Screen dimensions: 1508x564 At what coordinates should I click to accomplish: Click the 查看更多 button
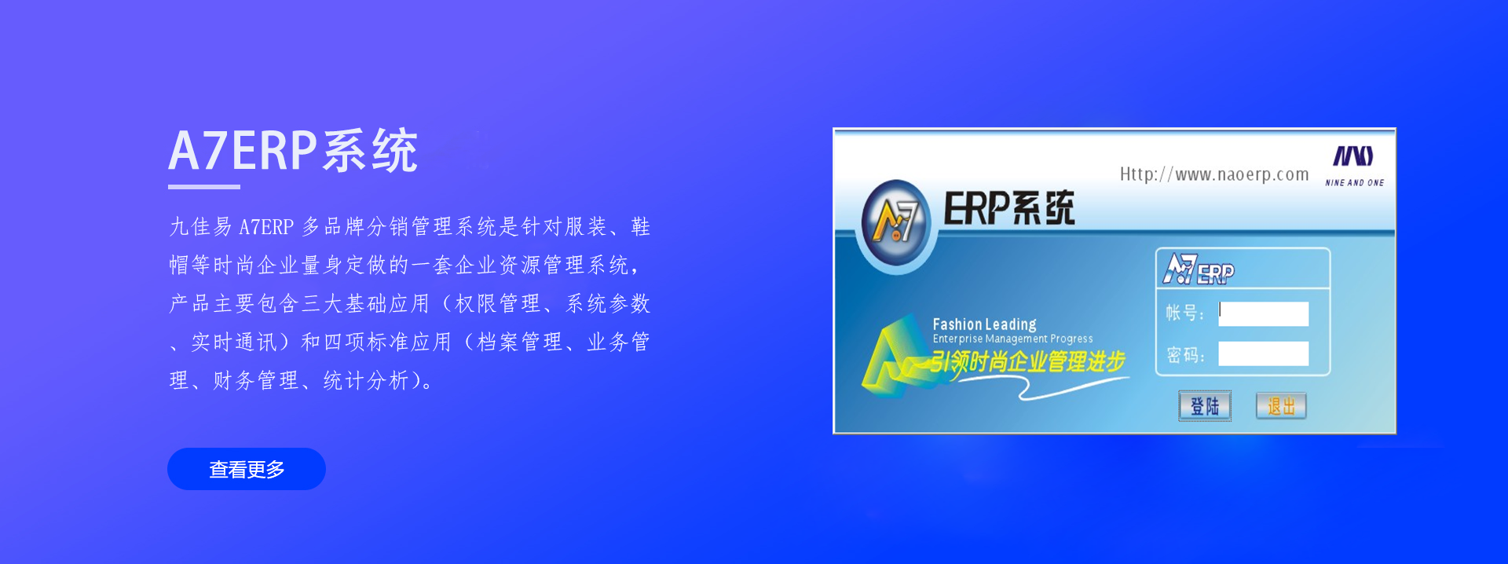click(247, 469)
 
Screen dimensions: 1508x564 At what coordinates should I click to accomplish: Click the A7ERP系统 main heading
click(293, 150)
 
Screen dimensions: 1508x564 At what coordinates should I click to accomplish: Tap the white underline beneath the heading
click(204, 187)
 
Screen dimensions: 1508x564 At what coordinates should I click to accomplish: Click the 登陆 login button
click(1205, 406)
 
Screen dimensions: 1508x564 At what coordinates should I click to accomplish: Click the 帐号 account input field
click(1263, 313)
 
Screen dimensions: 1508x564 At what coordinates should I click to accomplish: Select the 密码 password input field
click(1263, 353)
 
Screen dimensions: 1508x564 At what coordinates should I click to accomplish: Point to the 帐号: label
click(1184, 313)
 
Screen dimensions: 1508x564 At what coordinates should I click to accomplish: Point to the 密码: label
click(1185, 355)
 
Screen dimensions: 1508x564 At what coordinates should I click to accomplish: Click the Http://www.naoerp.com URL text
click(1214, 174)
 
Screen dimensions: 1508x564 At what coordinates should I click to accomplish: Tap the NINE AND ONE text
click(1355, 183)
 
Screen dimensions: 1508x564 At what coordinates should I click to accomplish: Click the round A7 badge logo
click(895, 222)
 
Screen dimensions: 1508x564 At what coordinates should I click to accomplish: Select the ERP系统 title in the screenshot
click(1009, 208)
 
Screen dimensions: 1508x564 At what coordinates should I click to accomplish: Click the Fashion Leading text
click(984, 324)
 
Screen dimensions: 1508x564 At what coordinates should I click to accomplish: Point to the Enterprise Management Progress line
click(1012, 339)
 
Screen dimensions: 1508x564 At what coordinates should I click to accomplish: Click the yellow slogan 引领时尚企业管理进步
click(1028, 362)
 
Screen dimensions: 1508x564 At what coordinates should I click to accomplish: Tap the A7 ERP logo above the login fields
click(1199, 269)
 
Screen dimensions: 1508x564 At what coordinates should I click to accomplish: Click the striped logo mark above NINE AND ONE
click(1353, 156)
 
